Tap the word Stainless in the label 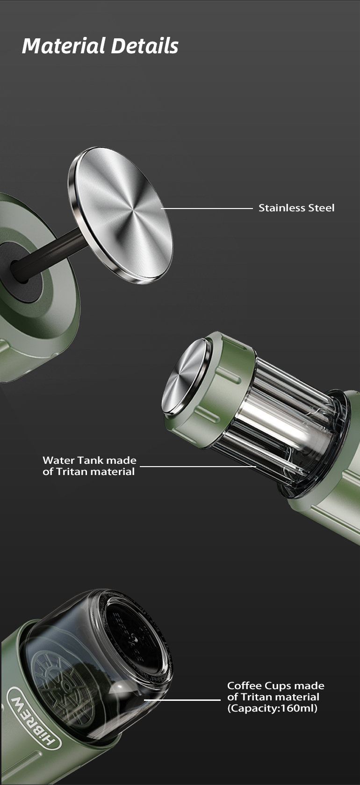(282, 208)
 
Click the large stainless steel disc (120, 215)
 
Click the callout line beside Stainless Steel (207, 209)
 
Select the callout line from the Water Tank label (198, 467)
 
